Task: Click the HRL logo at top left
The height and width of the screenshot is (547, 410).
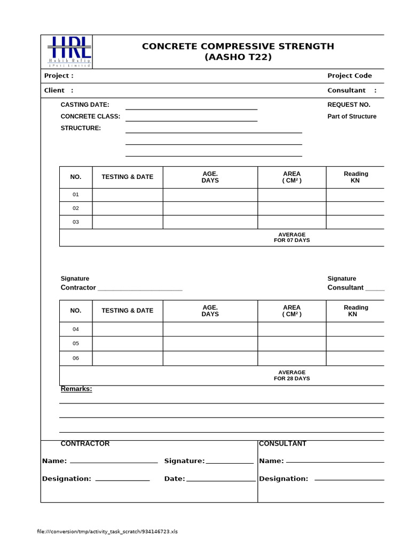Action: (69, 51)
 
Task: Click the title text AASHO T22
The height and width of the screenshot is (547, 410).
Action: (238, 57)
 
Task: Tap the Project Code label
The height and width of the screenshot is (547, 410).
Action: (349, 76)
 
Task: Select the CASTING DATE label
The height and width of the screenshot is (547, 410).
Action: (85, 105)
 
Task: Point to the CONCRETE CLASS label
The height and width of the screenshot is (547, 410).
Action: (90, 116)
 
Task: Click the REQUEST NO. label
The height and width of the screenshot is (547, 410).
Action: (349, 105)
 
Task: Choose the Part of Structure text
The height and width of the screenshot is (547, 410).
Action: (352, 116)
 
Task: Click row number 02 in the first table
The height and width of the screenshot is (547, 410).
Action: (76, 208)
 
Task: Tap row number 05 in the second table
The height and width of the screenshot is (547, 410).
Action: (76, 343)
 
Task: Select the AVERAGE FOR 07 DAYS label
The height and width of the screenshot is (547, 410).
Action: (291, 237)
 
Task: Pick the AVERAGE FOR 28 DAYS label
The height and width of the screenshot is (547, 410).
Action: (291, 375)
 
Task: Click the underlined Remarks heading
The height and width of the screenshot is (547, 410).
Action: (76, 389)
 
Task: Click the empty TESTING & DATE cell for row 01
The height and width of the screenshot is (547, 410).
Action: (128, 195)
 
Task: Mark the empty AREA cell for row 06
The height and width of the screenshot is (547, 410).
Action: (291, 358)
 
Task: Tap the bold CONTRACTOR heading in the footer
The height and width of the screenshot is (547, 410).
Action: (85, 444)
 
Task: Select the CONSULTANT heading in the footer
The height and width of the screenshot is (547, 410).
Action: (282, 444)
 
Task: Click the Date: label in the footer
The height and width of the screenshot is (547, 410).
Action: (175, 479)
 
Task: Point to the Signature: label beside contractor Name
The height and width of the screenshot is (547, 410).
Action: (184, 461)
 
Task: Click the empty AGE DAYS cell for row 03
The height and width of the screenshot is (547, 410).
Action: (210, 222)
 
